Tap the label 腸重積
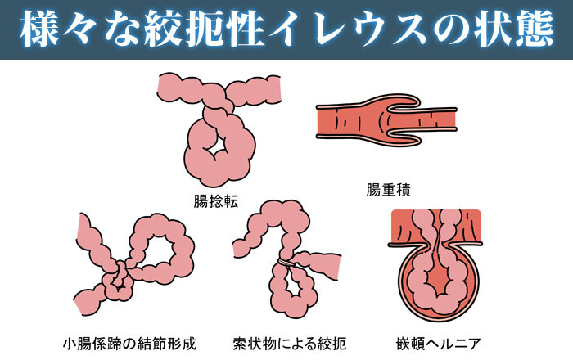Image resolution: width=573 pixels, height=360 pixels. coord(388,190)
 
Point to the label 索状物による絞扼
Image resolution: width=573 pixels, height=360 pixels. coord(288,340)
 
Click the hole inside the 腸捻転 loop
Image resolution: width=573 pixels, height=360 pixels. coord(220,145)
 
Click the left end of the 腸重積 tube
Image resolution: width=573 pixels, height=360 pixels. coord(322,122)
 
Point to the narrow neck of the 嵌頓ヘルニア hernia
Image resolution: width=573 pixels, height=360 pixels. coord(435,237)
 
